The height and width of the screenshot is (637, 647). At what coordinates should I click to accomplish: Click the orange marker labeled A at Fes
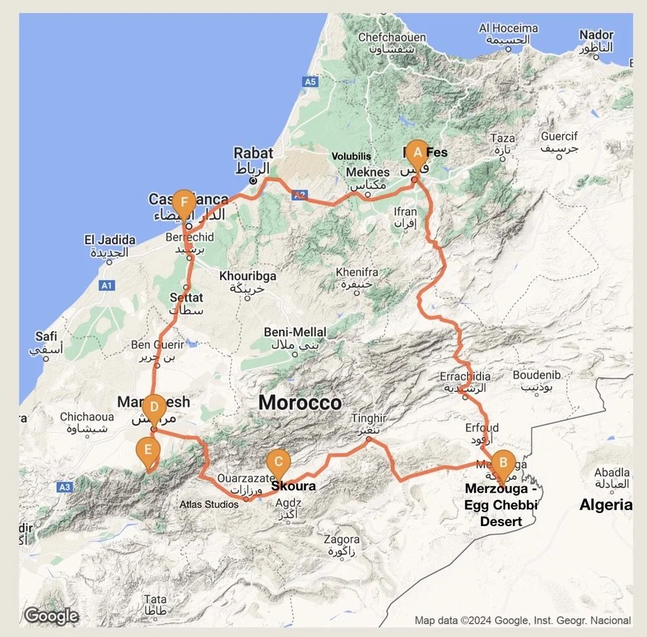coord(416,153)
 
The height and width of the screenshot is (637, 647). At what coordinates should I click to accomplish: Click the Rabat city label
coord(253,153)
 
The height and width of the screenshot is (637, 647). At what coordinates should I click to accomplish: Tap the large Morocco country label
coord(299,402)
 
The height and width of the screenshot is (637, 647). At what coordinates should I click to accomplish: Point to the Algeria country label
coord(605,505)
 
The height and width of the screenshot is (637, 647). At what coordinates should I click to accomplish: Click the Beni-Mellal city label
coord(295,332)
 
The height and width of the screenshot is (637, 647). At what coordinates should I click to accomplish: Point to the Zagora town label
coord(341,540)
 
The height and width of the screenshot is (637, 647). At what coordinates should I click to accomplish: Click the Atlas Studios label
coord(210,504)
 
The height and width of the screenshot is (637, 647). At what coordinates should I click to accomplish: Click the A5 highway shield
coord(311,83)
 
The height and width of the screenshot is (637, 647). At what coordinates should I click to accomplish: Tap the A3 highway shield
coord(65,488)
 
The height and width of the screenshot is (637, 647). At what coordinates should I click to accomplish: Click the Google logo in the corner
coord(51,616)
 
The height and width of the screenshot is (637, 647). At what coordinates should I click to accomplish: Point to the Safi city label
coord(46,336)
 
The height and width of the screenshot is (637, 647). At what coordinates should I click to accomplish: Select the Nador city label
coord(596,35)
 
